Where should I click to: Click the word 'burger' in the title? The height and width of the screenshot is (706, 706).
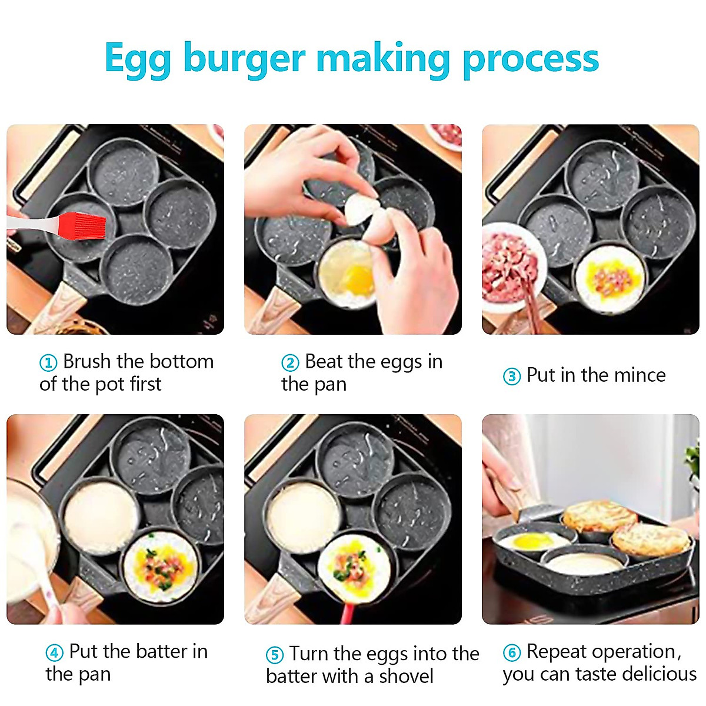pos(244,59)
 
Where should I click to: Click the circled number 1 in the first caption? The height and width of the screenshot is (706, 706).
pos(48,363)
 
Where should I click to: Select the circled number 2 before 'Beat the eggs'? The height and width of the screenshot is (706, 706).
pos(289,363)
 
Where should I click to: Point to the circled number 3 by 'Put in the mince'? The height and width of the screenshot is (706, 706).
pos(512,377)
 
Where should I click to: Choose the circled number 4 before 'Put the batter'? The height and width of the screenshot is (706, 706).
pos(54,653)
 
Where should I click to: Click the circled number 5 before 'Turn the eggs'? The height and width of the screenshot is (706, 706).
pos(274,655)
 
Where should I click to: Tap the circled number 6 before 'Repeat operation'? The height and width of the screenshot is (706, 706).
pos(512,653)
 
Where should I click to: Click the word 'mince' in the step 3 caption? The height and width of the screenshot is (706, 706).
pos(638,375)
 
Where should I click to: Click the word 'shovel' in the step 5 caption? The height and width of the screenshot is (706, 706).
pos(406,677)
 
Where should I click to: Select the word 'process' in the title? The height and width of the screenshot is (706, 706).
pos(531,59)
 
